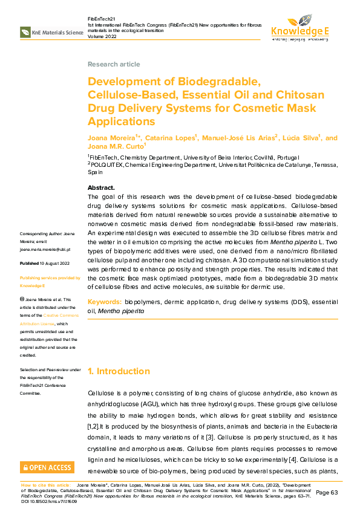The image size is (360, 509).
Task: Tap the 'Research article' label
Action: pyautogui.click(x=114, y=64)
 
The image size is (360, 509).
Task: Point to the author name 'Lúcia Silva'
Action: pyautogui.click(x=301, y=138)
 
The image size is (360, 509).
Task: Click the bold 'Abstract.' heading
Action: pyautogui.click(x=101, y=188)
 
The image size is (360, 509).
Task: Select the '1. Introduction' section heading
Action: pyautogui.click(x=119, y=371)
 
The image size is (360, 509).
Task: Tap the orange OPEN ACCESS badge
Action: pyautogui.click(x=47, y=467)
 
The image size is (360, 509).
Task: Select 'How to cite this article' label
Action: pyautogui.click(x=46, y=485)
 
